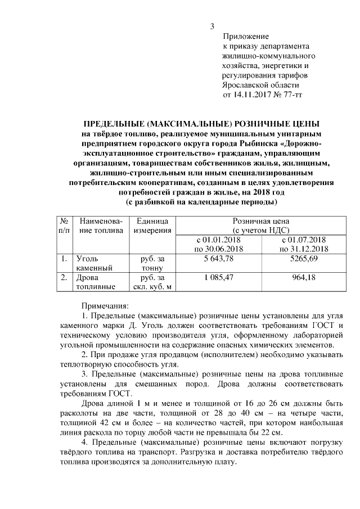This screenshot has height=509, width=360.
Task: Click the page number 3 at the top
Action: (x=212, y=26)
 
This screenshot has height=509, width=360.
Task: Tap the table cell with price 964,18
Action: (x=303, y=277)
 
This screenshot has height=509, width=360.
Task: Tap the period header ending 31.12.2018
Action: (x=303, y=244)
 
